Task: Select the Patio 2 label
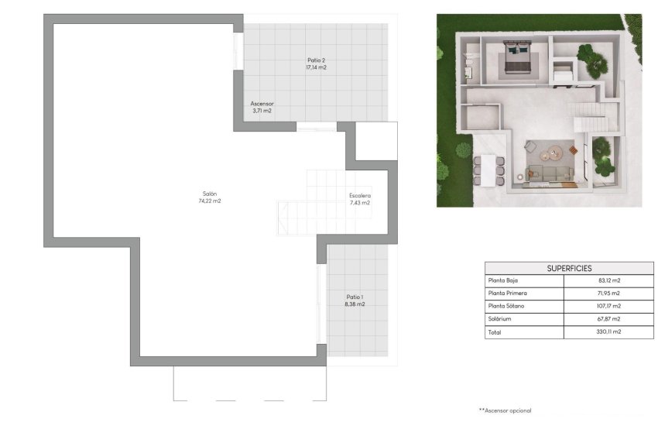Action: [x=316, y=60]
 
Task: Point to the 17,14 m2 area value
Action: [x=316, y=67]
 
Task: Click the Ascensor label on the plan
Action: [x=262, y=104]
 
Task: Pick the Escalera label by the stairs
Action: [x=360, y=196]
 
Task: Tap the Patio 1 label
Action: [x=355, y=297]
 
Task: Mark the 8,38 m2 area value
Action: [x=355, y=304]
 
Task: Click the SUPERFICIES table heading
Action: [x=569, y=268]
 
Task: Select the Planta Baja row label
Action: [x=502, y=280]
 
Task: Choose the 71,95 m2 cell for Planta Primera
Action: [x=609, y=294]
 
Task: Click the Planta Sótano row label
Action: [x=505, y=307]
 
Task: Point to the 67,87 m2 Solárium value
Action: [x=609, y=319]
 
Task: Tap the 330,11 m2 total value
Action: [x=609, y=332]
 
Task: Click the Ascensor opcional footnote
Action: [x=505, y=410]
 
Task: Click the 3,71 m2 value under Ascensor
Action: [x=262, y=111]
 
